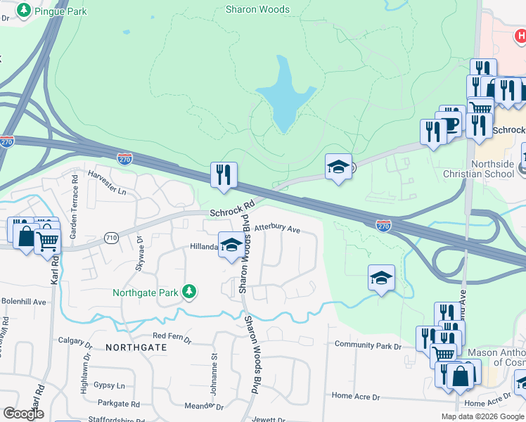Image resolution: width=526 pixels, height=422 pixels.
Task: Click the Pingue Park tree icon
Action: point(24,11)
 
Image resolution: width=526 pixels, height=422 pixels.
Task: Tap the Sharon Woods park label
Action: point(257,10)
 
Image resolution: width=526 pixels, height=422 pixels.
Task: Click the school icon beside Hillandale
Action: point(230,245)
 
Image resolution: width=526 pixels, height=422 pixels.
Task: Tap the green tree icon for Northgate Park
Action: point(188,291)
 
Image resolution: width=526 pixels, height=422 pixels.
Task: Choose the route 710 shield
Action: point(112,238)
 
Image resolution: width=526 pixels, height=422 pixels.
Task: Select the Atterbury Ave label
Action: point(277,229)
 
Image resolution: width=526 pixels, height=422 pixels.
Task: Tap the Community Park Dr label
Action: point(368,345)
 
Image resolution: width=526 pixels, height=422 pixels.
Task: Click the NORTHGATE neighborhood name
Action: point(136,347)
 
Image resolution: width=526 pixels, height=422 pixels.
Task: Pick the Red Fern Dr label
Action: point(172,338)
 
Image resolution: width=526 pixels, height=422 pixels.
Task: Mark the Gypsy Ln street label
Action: point(110,385)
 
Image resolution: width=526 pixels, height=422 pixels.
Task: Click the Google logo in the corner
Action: point(23,413)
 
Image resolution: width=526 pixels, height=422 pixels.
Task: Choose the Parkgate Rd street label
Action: point(119,404)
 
